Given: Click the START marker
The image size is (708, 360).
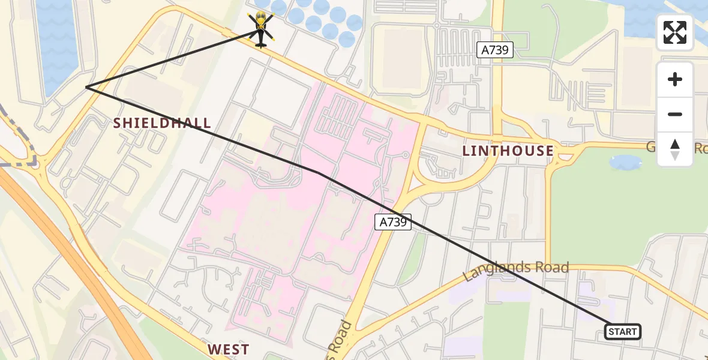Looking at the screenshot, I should click(622, 331).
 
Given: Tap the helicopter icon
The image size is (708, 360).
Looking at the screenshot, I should click(261, 29).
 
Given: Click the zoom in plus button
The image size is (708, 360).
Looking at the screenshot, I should click(675, 79).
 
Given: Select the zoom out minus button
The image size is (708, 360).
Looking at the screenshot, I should click(675, 114).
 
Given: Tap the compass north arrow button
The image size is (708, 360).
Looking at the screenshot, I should click(675, 149).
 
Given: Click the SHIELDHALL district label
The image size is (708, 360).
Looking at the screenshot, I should click(163, 124).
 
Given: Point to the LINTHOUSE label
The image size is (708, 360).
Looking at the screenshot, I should click(508, 151).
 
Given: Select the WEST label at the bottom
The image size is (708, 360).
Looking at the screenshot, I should click(228, 349).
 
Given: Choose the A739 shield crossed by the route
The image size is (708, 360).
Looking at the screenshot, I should click(394, 222).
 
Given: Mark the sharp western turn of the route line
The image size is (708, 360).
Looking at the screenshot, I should click(86, 87).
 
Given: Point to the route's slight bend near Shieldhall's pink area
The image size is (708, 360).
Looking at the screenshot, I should click(318, 173).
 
